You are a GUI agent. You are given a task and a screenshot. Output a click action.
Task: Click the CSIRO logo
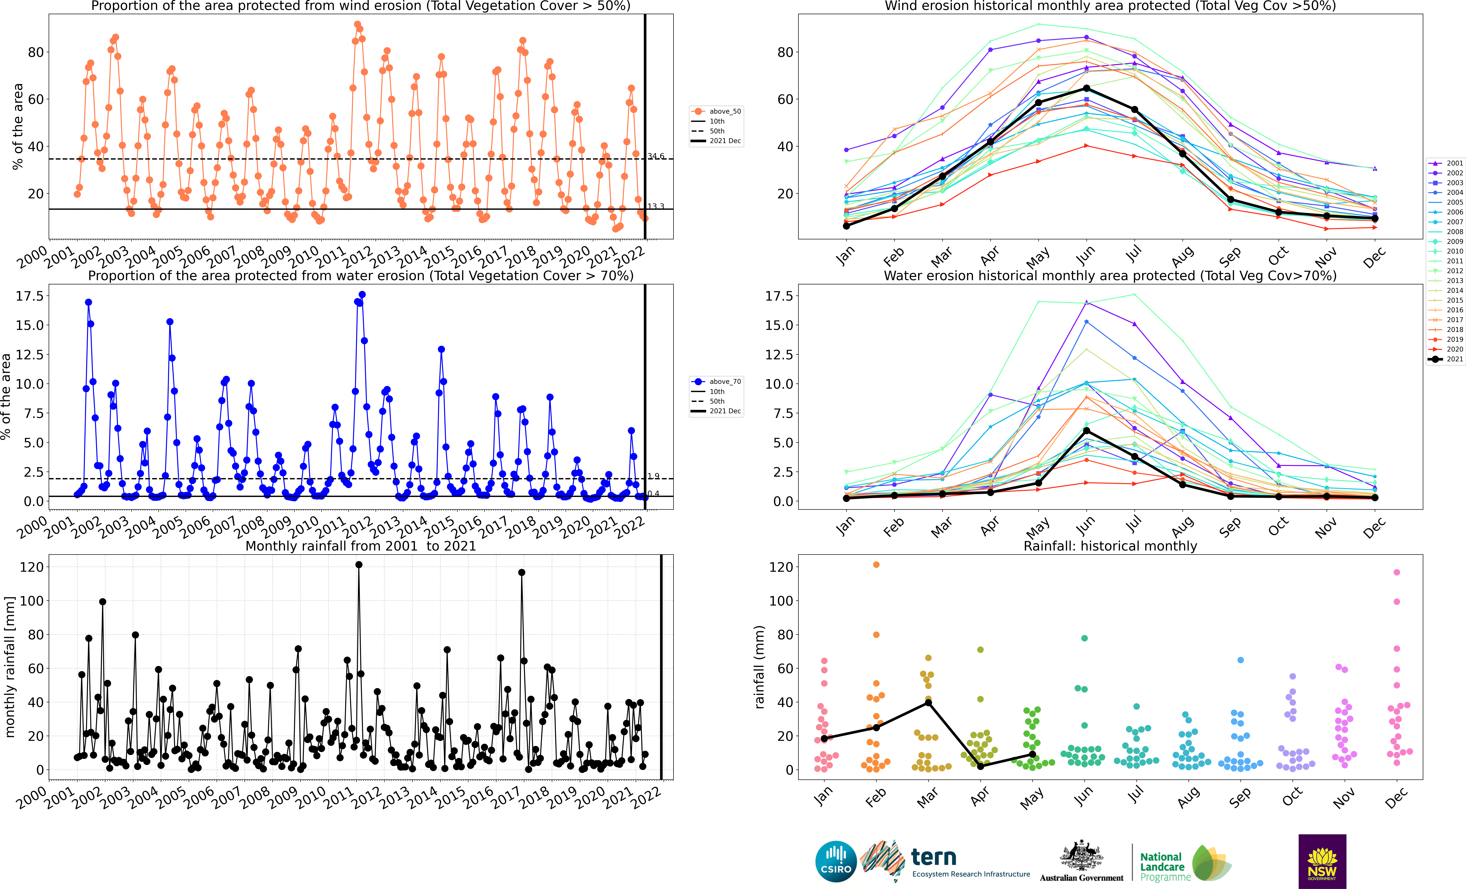[x=836, y=862]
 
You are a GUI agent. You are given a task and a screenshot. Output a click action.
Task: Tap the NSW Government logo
[x=1322, y=861]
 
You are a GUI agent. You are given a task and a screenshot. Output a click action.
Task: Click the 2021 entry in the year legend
[x=1446, y=359]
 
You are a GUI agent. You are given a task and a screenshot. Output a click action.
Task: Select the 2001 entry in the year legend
[x=1446, y=163]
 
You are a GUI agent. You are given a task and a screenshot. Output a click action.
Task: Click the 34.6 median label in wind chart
[x=656, y=156]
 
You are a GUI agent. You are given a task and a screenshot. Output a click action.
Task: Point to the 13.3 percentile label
[x=656, y=206]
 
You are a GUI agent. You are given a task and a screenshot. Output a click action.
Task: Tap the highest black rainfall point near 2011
[x=359, y=565]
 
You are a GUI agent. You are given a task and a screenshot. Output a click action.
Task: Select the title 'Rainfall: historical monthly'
[x=1110, y=546]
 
